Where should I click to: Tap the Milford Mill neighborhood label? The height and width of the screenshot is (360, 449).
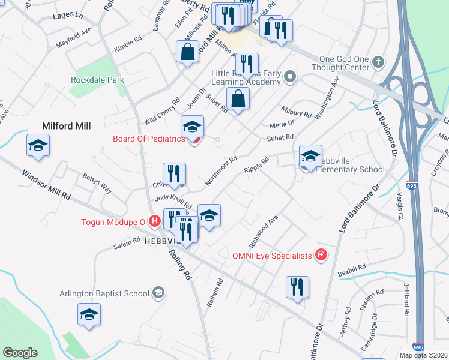(x=66, y=126)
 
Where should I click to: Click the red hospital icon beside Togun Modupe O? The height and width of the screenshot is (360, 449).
(x=155, y=221)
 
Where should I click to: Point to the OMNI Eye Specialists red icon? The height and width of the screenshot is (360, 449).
(x=321, y=256)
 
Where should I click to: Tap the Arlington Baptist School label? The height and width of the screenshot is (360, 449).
(x=104, y=293)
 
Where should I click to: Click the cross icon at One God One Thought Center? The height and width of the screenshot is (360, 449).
(x=378, y=62)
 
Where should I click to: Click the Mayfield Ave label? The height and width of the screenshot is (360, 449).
(x=73, y=37)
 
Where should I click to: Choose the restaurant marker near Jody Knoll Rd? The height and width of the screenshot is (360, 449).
(x=175, y=174)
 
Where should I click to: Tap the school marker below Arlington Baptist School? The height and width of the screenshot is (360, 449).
(x=89, y=314)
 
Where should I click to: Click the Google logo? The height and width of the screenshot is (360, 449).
(x=20, y=353)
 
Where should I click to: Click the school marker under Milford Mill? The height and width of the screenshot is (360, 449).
(x=38, y=146)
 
